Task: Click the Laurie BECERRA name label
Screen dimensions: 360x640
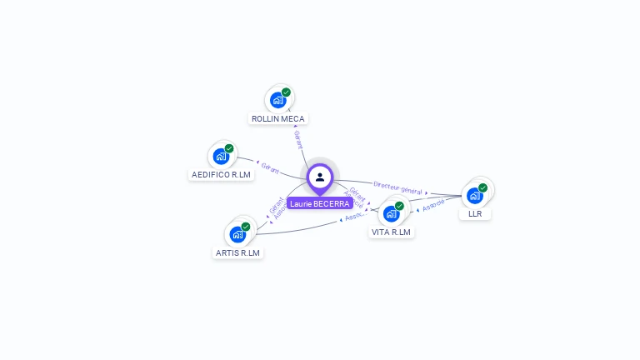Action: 320,204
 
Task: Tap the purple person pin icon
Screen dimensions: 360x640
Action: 320,177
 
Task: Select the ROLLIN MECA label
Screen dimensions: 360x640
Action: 278,119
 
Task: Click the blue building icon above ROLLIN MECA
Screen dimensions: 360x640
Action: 278,100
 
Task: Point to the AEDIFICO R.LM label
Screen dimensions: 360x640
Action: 221,175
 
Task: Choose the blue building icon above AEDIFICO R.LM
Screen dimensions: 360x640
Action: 221,156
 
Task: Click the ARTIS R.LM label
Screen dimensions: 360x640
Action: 237,252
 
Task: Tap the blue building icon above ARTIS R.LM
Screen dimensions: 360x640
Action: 237,233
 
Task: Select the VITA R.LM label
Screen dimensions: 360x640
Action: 392,232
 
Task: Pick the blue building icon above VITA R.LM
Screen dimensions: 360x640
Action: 392,213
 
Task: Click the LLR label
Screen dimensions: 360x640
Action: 475,214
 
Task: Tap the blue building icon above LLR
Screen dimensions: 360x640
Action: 475,195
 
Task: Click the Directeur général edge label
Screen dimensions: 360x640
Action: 398,187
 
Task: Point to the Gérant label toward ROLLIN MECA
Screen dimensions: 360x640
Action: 297,139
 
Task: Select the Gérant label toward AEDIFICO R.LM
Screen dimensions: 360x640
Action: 270,167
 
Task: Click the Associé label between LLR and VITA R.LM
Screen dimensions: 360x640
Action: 432,205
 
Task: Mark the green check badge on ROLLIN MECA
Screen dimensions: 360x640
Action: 286,92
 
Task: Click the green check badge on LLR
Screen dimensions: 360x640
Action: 482,187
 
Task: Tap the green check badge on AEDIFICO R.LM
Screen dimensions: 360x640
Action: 228,148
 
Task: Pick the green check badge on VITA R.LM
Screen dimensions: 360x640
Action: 399,206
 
